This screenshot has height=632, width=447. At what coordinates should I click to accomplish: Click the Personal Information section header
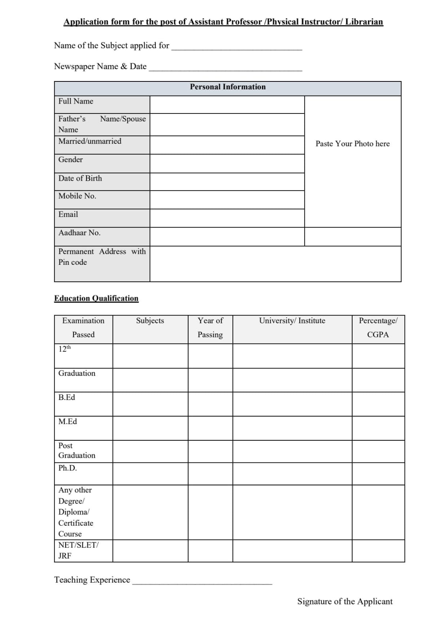coord(228,87)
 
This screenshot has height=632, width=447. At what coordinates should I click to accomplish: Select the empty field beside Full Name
coord(227,105)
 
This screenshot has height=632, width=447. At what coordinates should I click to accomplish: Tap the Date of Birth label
coord(80,178)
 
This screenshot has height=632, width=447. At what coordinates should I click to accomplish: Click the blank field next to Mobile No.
coord(227,200)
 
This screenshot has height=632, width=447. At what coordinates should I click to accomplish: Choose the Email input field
coord(227,218)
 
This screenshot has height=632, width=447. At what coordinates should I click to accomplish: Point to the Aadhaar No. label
coord(79,233)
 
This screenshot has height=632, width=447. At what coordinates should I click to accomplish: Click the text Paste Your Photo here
coord(353,144)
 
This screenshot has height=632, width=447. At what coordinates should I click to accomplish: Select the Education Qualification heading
coord(96,298)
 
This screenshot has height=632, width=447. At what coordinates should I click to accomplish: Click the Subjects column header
coord(150,321)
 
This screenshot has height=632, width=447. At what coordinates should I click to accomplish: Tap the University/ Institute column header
coord(292,321)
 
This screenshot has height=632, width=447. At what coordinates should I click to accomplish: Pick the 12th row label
coord(64,349)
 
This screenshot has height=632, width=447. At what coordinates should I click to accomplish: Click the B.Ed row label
coord(67,398)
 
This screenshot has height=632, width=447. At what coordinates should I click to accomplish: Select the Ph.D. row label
coord(68,468)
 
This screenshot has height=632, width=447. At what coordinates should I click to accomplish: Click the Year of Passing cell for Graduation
coord(210,380)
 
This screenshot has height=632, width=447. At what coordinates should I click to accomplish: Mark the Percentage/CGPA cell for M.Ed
coord(378,428)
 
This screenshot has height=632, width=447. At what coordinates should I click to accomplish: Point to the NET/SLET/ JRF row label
coord(78,550)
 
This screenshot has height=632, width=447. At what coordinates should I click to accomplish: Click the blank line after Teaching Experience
coord(202,581)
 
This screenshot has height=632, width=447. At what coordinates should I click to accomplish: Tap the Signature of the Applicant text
coord(345,602)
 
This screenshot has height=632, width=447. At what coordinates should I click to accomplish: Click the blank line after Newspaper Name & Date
coord(225,67)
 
